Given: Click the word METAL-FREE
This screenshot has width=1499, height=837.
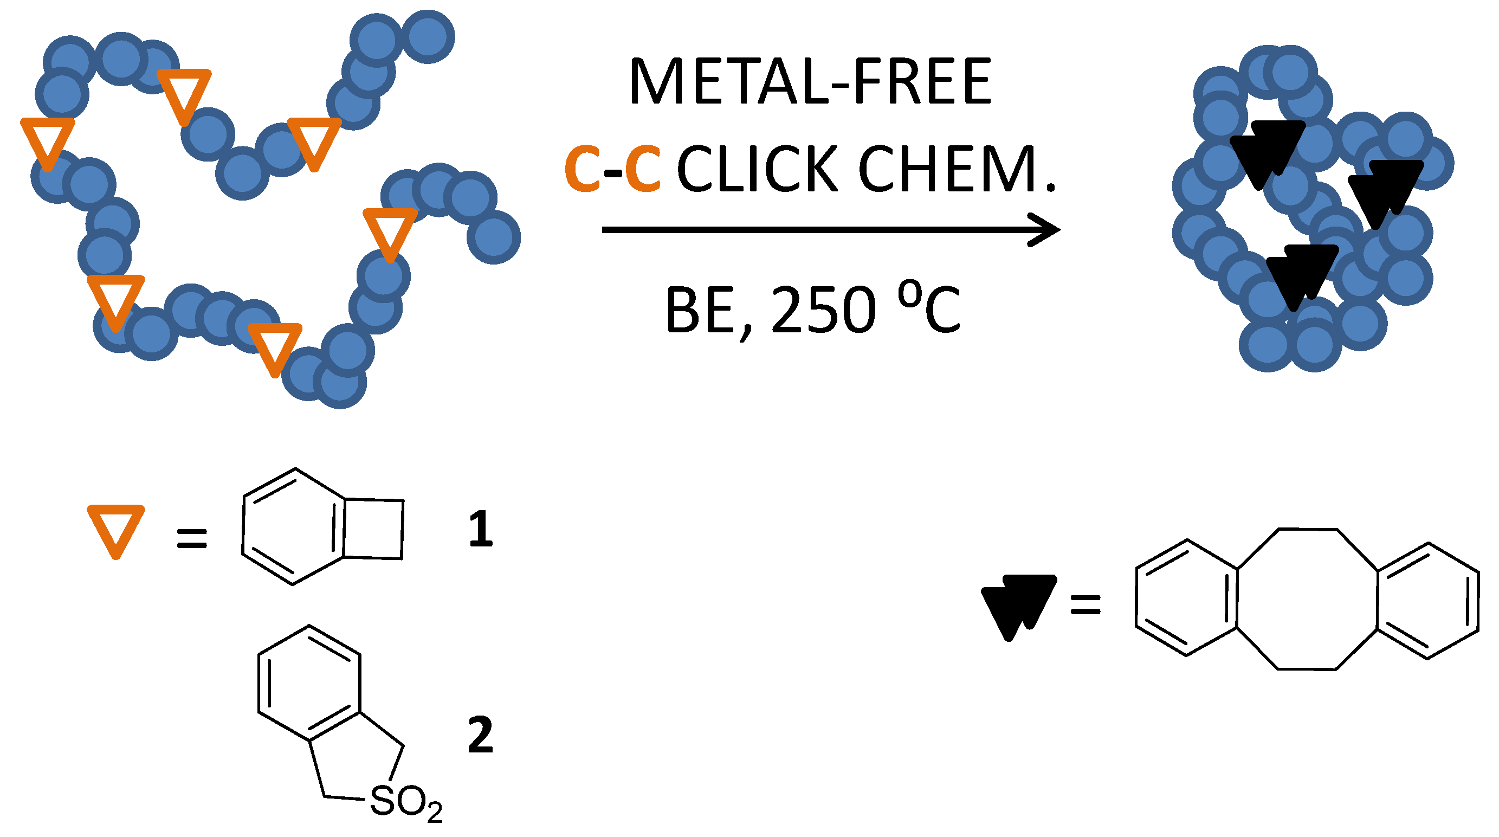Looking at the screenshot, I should pos(810,81).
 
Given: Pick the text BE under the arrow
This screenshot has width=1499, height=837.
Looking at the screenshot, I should pos(700,310).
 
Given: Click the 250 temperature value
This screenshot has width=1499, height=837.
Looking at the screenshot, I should pos(823,310).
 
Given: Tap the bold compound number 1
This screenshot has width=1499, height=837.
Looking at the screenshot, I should pos(481,529).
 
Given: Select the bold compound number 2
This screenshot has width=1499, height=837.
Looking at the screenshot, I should pos(481,735).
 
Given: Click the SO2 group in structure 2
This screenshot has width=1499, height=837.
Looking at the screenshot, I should pos(405,803).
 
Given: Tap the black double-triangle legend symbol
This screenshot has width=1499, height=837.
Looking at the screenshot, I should pos(1019,606).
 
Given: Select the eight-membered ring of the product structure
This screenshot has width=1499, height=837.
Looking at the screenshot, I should pos(1307,600).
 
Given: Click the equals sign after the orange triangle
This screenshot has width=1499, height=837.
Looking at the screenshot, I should pos(191,538).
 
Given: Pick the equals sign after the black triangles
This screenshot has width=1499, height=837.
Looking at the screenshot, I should pos(1086,604).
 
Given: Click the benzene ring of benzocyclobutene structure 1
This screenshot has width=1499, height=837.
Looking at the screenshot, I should pos(293,527).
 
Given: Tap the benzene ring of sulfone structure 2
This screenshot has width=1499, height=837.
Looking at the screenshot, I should pos(309,684).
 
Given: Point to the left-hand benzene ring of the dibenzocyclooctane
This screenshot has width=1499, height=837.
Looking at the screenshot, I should pos(1186,598).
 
